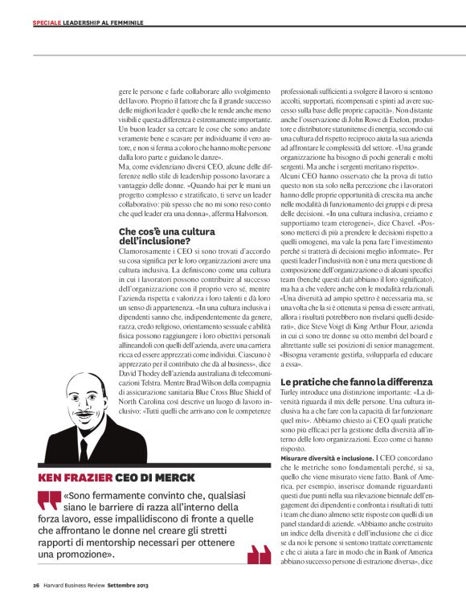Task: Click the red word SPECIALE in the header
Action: [46, 22]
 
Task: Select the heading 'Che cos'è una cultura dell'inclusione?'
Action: [154, 235]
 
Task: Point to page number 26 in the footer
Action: [35, 584]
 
